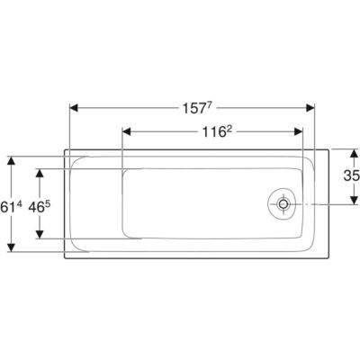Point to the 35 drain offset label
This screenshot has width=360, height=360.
tap(352, 175)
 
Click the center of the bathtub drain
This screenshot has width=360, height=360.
tap(283, 204)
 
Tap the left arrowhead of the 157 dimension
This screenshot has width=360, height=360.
tap(74, 108)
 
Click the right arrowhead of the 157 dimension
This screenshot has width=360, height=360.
tap(310, 108)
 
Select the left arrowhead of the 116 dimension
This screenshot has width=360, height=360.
tap(127, 131)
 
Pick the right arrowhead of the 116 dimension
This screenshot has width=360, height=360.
tap(299, 131)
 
